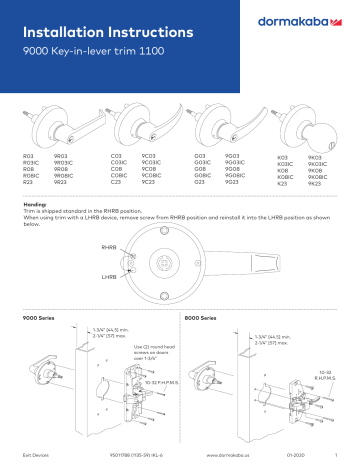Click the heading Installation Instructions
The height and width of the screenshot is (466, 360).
click(100, 18)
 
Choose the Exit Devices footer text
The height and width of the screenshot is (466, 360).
click(35, 457)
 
